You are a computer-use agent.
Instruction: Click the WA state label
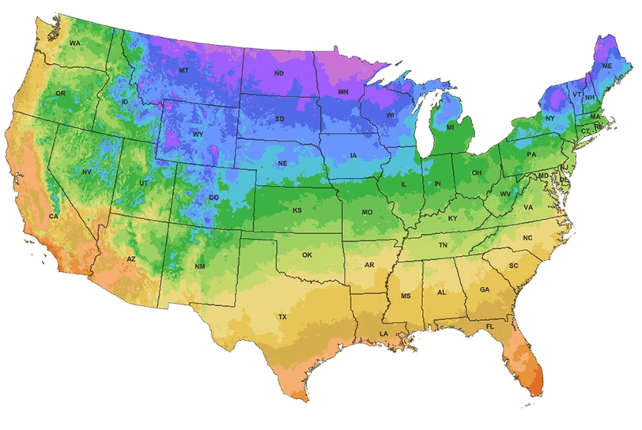tap(74, 43)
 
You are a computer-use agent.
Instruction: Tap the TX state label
tap(282, 316)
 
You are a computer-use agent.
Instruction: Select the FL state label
tap(490, 326)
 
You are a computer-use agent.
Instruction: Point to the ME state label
tap(607, 67)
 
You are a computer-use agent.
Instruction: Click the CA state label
tap(54, 216)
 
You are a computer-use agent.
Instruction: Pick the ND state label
tap(279, 74)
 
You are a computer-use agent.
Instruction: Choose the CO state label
tap(213, 198)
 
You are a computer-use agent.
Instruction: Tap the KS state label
tap(297, 211)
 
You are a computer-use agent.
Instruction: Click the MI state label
tap(450, 126)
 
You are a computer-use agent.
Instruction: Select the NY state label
tap(550, 119)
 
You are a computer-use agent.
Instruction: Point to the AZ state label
tap(132, 259)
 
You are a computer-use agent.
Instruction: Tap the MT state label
tap(184, 70)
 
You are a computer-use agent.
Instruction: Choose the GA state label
tap(485, 289)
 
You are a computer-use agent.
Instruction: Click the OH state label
tap(476, 172)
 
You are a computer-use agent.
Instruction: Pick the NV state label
tap(87, 172)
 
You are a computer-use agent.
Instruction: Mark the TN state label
tap(443, 246)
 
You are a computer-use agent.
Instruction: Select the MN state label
tap(343, 92)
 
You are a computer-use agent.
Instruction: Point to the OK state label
tap(308, 255)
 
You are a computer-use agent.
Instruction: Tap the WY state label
tap(198, 134)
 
